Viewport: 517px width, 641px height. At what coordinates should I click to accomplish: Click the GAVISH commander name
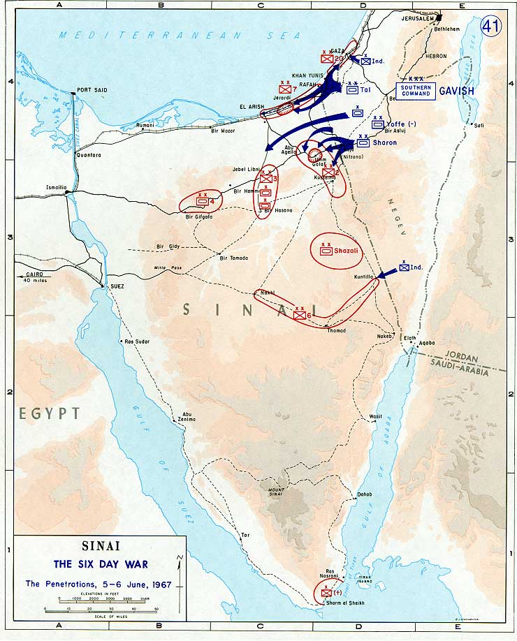[456, 91]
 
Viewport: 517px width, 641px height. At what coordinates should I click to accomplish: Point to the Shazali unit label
[345, 251]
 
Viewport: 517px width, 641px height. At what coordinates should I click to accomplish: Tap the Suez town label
[117, 286]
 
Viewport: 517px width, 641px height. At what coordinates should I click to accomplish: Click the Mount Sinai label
[273, 490]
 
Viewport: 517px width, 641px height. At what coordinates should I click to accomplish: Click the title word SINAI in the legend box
[99, 548]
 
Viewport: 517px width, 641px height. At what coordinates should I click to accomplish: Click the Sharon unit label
[384, 143]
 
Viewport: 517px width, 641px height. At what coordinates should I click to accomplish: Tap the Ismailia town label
[56, 189]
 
